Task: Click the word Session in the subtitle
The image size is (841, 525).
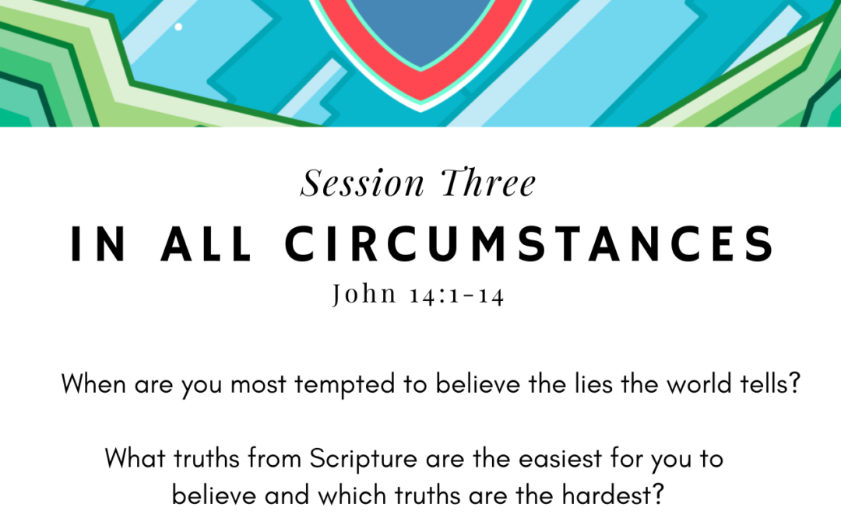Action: click(x=363, y=183)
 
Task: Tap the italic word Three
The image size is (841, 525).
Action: click(x=488, y=182)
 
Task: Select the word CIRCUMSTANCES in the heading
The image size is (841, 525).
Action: click(x=530, y=243)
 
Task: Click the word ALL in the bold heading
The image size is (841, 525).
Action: click(x=206, y=243)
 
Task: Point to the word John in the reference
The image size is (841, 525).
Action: click(x=364, y=294)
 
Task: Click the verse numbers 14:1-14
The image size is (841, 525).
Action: click(x=457, y=296)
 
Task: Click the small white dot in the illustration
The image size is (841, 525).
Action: click(x=178, y=26)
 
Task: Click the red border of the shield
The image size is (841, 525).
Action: click(x=420, y=85)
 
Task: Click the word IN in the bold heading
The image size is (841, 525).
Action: click(x=99, y=243)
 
